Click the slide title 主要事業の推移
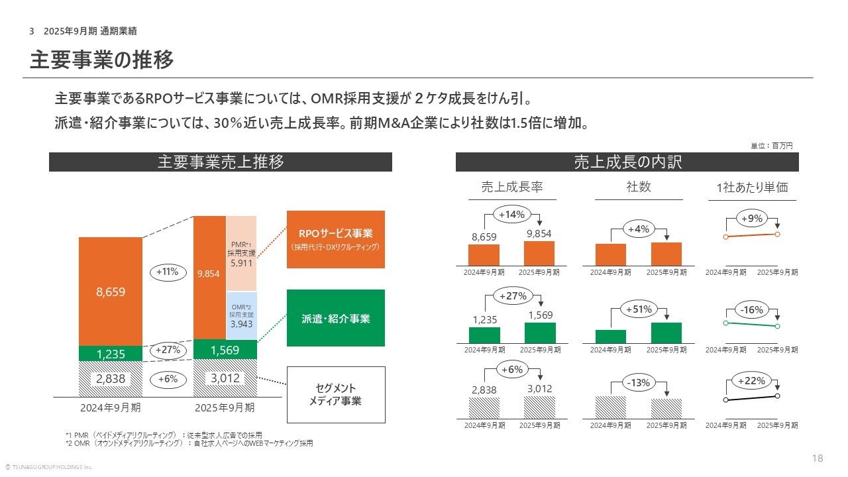102,60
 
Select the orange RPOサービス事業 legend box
335,239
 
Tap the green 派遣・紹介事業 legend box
335,318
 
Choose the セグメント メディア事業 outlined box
335,394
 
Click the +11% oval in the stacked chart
168,272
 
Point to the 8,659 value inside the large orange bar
110,291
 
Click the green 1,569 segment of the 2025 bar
225,349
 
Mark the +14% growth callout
511,215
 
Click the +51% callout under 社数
639,309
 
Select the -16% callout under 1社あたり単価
753,309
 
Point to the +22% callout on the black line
752,381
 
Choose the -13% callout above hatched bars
639,382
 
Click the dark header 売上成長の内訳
627,162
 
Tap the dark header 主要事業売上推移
221,162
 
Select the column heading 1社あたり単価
752,187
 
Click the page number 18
818,458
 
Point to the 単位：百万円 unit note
771,146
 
